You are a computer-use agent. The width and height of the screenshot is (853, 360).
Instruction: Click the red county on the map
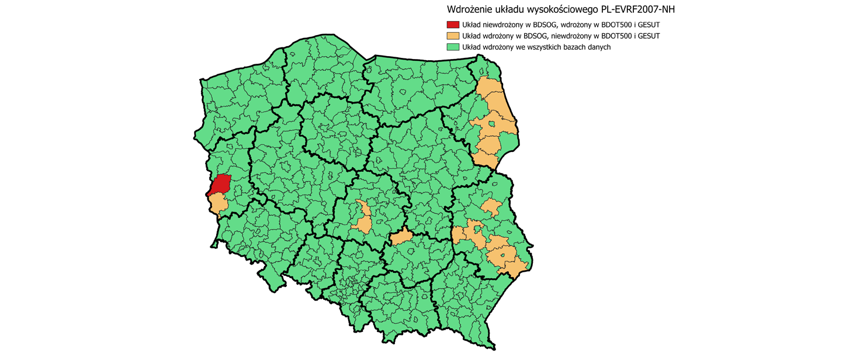[220, 184]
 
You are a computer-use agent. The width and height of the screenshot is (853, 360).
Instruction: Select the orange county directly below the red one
[219, 203]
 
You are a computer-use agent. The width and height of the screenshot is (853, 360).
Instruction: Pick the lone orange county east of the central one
[401, 237]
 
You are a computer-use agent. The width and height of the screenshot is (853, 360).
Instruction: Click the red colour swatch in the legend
[453, 25]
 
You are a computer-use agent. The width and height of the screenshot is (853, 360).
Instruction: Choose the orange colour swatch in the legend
[453, 36]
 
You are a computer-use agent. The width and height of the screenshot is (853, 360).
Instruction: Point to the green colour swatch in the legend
[453, 47]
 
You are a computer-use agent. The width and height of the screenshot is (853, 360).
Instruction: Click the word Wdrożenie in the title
[469, 9]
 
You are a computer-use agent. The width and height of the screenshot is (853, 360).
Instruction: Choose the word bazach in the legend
[571, 47]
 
